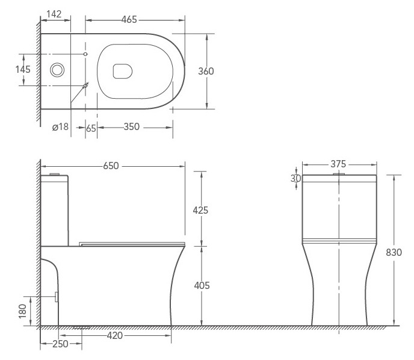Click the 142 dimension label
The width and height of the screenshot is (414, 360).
(54, 14)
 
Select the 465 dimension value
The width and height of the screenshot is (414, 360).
(129, 19)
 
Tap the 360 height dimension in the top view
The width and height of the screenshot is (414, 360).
(206, 71)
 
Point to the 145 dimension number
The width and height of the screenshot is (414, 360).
(23, 69)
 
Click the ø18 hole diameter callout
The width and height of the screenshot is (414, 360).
(60, 127)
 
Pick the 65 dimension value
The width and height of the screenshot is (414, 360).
(91, 128)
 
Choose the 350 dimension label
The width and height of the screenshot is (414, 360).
(132, 127)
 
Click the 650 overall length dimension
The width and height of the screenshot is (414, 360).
(111, 166)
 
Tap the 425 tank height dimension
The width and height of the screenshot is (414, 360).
(200, 210)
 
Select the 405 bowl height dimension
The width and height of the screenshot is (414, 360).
(202, 285)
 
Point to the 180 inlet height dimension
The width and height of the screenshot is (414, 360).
(23, 311)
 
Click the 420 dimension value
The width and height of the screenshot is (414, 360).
(115, 336)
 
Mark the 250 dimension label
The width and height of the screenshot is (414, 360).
(60, 344)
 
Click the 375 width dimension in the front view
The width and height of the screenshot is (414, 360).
(338, 164)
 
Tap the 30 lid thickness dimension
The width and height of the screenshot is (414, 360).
(295, 179)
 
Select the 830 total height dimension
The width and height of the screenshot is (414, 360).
(394, 252)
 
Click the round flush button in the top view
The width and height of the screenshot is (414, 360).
(57, 70)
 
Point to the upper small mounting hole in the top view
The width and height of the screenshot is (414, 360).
(85, 54)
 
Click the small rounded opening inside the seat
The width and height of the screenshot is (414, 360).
(123, 71)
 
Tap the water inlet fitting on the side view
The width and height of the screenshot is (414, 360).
(56, 297)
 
